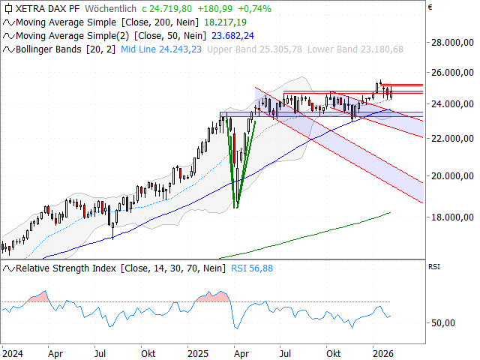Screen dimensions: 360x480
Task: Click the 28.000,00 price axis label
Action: coord(451,43)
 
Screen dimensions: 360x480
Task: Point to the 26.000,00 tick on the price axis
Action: coord(451,73)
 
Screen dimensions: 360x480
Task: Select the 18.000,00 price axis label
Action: coord(451,217)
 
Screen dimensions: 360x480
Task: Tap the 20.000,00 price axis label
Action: coord(451,175)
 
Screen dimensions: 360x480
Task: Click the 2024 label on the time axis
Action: coord(12,352)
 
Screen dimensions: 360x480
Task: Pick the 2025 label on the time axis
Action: coord(197,352)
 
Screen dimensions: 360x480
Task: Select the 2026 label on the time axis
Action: coord(384,352)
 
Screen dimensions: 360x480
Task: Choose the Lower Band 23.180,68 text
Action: coord(357,49)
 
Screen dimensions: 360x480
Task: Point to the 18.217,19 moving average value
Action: coord(227,22)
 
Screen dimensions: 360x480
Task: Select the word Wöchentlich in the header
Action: coord(112,9)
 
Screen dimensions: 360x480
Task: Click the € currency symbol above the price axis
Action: coord(430,9)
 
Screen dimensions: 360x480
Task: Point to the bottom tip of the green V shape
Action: coord(236,208)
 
